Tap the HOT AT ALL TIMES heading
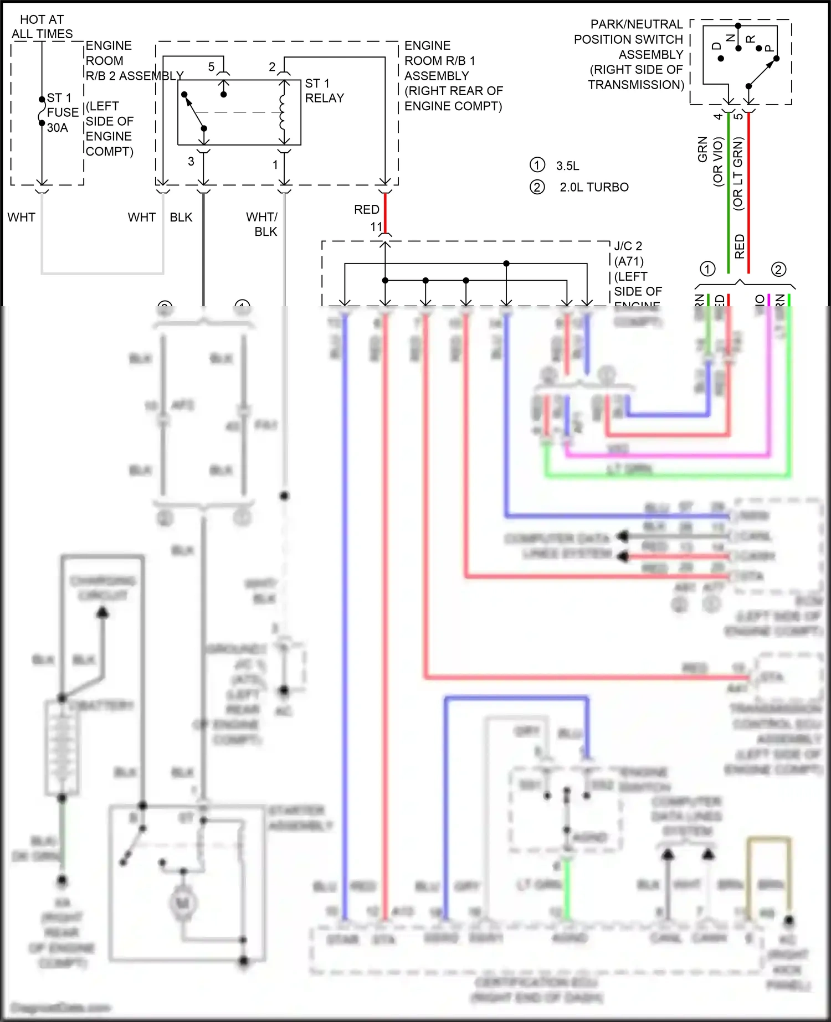(42, 27)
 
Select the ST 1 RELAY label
(324, 91)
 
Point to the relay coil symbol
(283, 112)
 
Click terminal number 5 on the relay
(211, 67)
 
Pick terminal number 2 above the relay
(272, 67)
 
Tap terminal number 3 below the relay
(191, 162)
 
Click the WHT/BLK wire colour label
(262, 224)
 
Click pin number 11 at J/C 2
(376, 227)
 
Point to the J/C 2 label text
(628, 246)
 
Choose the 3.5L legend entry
(567, 166)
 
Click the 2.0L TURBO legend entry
(594, 187)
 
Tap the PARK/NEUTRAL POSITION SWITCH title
(632, 54)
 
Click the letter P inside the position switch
(769, 49)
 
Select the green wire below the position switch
(729, 188)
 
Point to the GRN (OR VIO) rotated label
(710, 161)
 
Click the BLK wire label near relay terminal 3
(181, 217)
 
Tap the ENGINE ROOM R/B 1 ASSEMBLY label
(452, 75)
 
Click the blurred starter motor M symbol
(183, 904)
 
